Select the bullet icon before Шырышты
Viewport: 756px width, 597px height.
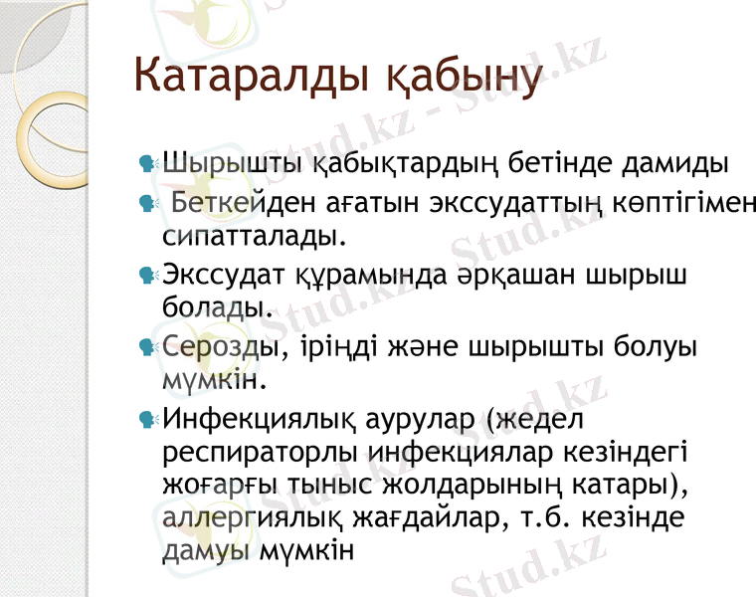[x=147, y=160]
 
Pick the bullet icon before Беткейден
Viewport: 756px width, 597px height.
[x=147, y=203]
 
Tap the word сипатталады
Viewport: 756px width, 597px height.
[x=254, y=237]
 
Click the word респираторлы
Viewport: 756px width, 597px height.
[x=260, y=455]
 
